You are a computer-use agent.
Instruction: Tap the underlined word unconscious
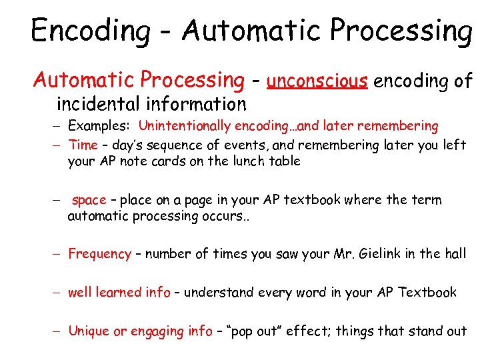pos(317,81)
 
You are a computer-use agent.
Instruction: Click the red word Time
pos(83,145)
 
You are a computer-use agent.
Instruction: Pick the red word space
pos(89,200)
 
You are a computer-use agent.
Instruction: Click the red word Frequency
pos(100,254)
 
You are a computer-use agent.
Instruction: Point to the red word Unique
pos(89,331)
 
